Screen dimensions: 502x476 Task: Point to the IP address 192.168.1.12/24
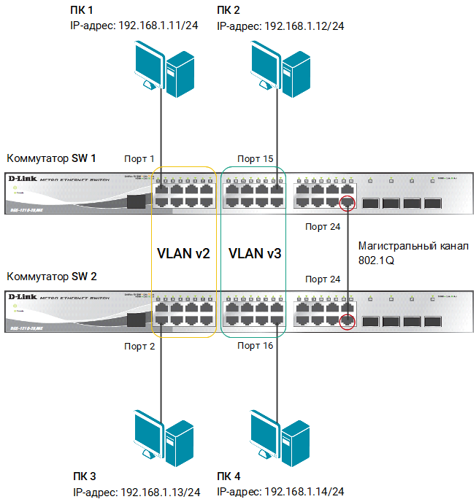304,26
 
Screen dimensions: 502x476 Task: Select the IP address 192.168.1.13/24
161,492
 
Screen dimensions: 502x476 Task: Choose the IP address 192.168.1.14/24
304,492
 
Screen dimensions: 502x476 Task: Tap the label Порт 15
255,159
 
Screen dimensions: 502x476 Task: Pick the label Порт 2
140,347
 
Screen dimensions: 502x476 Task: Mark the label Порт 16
256,347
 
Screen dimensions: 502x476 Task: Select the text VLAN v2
183,254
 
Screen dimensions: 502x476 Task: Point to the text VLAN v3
255,254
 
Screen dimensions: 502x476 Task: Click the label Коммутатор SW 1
51,158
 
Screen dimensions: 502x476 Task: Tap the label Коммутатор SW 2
51,277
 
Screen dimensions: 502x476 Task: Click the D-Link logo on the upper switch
22,179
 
